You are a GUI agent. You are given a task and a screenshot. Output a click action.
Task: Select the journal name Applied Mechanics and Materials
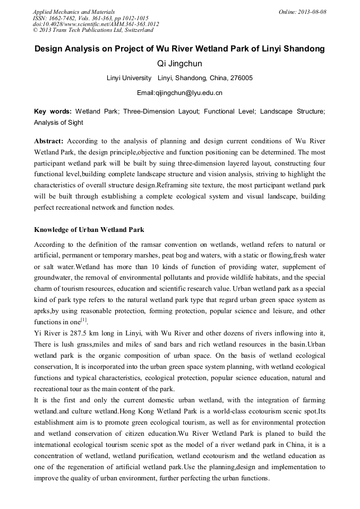click(x=74, y=11)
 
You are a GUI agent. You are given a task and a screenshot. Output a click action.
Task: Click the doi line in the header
click(x=96, y=24)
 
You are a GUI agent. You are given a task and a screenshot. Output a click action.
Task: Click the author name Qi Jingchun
click(x=179, y=64)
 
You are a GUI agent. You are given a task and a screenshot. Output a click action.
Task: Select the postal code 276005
click(x=242, y=78)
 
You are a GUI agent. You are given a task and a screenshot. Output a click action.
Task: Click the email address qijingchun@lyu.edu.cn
click(x=187, y=93)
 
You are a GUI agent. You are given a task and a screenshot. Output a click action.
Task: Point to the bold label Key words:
click(x=53, y=112)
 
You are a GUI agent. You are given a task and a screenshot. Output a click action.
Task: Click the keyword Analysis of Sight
click(x=58, y=123)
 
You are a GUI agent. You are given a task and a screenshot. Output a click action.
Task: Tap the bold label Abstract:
click(x=49, y=141)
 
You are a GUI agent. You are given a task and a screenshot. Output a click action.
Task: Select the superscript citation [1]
click(x=84, y=320)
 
